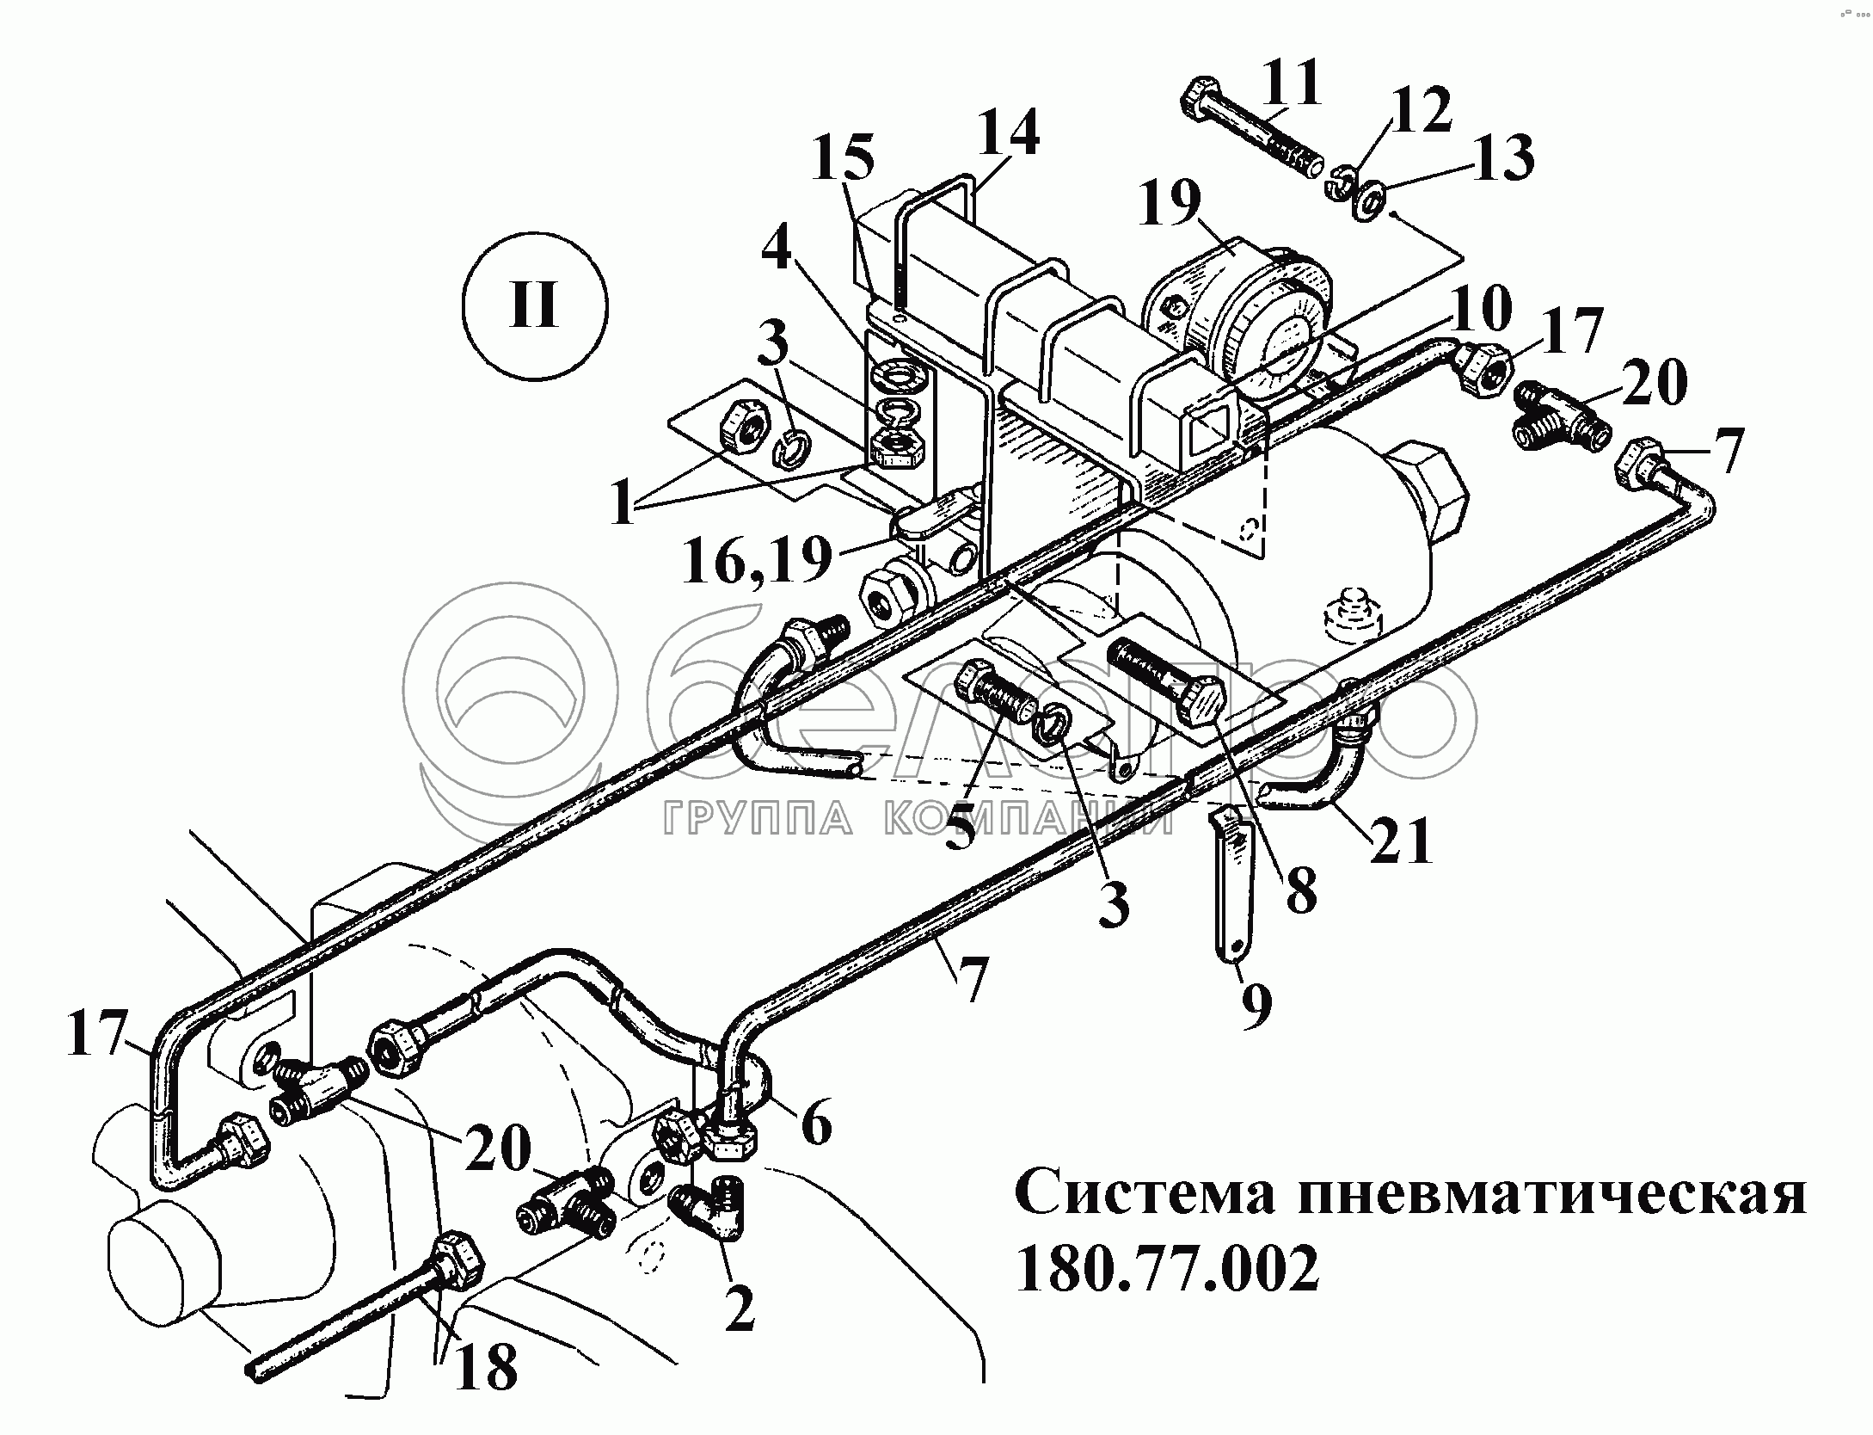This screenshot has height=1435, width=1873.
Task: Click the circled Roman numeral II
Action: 534,306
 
